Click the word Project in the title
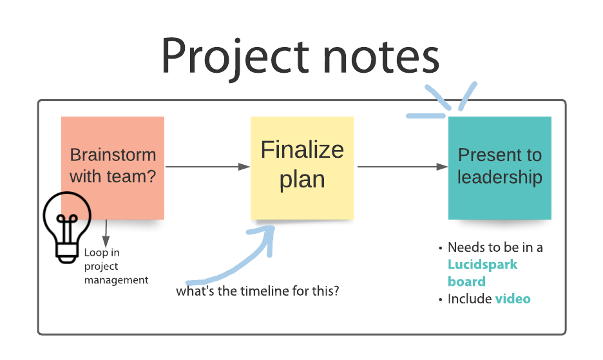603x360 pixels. tap(235, 58)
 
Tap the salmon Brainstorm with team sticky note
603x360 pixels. tap(113, 167)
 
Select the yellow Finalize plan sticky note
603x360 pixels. tap(302, 167)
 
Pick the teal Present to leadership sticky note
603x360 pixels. tap(499, 167)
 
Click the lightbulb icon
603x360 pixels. tap(67, 227)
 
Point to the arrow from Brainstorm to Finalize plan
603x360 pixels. tap(207, 167)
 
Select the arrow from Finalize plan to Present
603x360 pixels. tap(403, 167)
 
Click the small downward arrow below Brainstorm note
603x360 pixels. tap(106, 233)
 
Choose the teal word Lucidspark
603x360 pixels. tap(483, 265)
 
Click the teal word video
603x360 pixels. tap(513, 299)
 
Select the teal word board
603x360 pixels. tap(467, 281)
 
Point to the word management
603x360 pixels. tap(116, 280)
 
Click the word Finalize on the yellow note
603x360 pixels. tap(302, 149)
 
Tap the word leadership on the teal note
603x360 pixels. tap(500, 177)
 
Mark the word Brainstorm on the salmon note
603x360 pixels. tap(113, 155)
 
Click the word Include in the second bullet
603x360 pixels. tap(470, 299)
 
